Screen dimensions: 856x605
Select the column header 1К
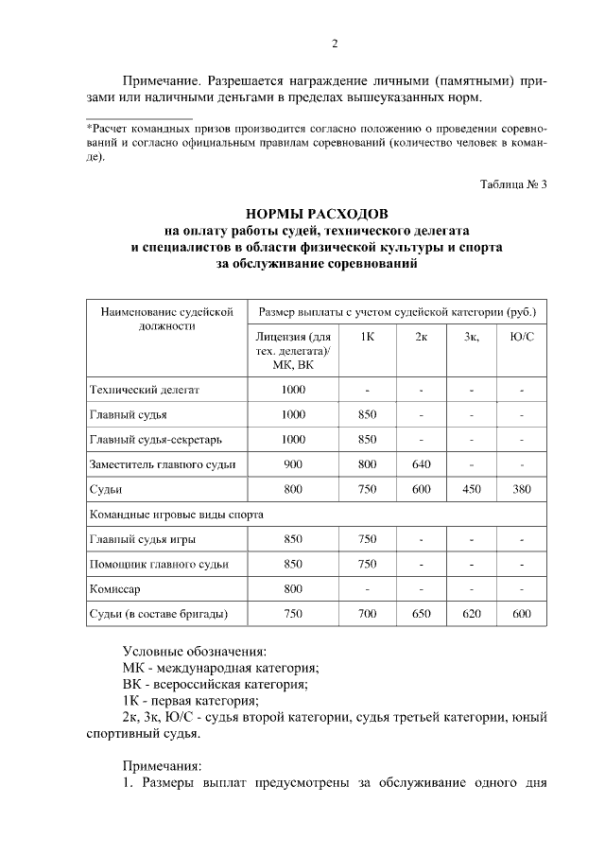click(x=368, y=337)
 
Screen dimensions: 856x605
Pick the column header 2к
click(x=421, y=337)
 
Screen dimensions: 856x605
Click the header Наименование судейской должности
click(x=160, y=318)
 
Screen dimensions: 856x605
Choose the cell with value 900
click(x=293, y=464)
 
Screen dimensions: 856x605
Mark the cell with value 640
click(x=421, y=464)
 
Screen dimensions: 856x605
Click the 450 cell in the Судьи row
click(x=471, y=489)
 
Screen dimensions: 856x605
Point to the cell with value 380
click(x=521, y=489)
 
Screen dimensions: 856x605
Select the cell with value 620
click(x=471, y=614)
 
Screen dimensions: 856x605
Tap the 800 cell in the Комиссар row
click(x=293, y=588)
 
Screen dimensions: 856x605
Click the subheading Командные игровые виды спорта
click(x=175, y=515)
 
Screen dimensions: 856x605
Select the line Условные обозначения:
click(x=195, y=652)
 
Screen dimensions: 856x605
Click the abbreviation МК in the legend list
click(x=135, y=668)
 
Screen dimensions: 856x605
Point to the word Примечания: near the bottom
click(x=163, y=766)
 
